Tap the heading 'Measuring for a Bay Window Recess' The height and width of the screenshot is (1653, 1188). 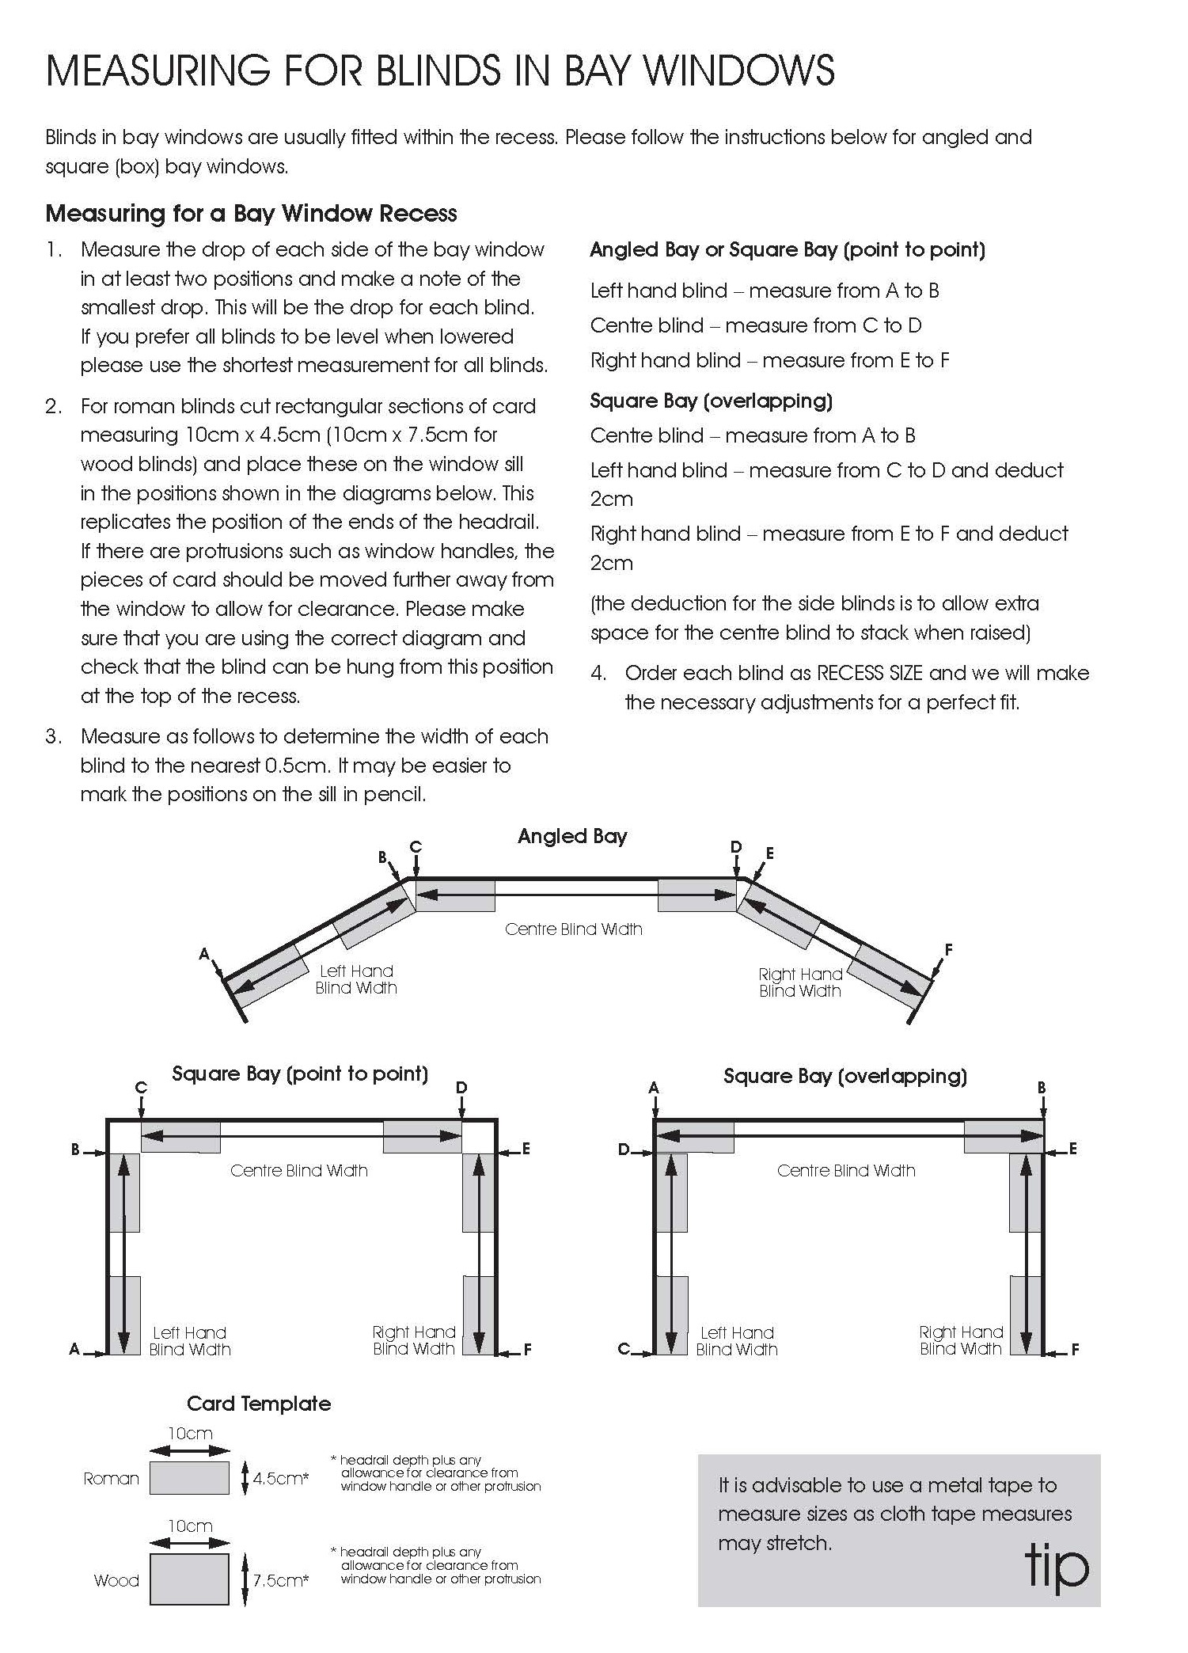pyautogui.click(x=251, y=213)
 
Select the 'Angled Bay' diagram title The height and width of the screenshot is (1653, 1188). pyautogui.click(x=572, y=836)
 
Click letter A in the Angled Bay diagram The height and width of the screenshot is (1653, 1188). pyautogui.click(x=204, y=954)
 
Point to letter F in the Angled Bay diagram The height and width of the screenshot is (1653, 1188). pyautogui.click(x=948, y=949)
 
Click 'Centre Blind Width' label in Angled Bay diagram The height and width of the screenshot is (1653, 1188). pyautogui.click(x=573, y=929)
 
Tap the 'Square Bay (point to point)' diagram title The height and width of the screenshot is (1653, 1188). pyautogui.click(x=300, y=1073)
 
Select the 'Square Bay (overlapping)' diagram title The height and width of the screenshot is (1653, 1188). pyautogui.click(x=845, y=1076)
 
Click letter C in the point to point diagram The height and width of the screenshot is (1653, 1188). pyautogui.click(x=141, y=1087)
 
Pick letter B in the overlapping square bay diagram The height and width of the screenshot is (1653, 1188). pyautogui.click(x=1042, y=1088)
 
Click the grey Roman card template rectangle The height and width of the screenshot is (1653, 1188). pyautogui.click(x=189, y=1477)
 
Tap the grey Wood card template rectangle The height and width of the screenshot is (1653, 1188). pyautogui.click(x=189, y=1580)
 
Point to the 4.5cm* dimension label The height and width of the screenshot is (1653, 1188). pyautogui.click(x=280, y=1478)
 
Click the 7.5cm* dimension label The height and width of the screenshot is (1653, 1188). pyautogui.click(x=280, y=1581)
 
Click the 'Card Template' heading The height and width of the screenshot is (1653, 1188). pyautogui.click(x=259, y=1404)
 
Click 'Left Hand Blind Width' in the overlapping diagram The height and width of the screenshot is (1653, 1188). pyautogui.click(x=737, y=1341)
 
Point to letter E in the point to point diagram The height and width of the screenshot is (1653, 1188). pyautogui.click(x=526, y=1149)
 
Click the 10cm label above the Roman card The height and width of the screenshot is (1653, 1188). pyautogui.click(x=190, y=1433)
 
